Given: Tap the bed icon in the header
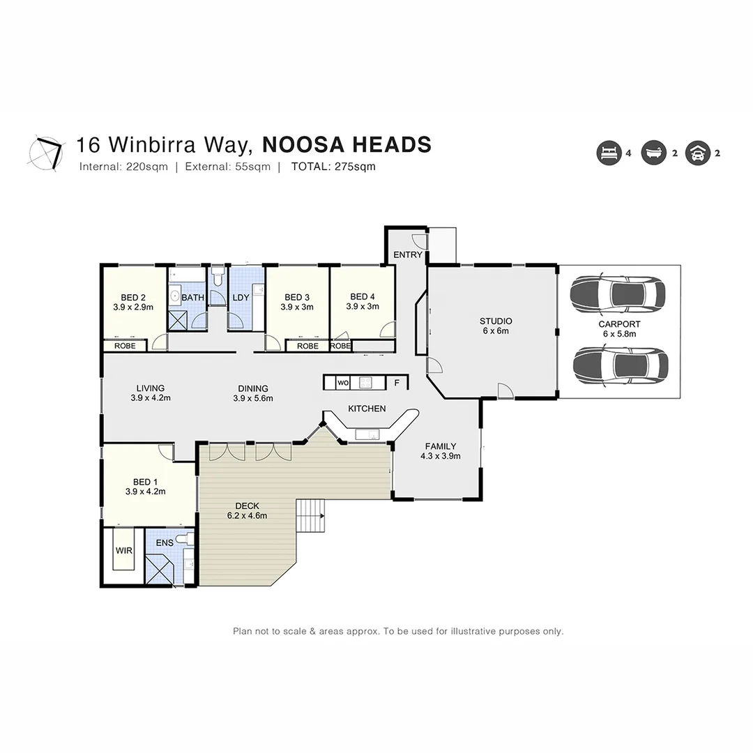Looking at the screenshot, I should [608, 153].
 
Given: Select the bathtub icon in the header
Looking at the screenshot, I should [653, 153].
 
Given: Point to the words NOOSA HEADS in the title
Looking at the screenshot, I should [347, 145].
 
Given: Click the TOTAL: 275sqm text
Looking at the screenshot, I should [333, 167].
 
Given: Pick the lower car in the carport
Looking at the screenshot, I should [620, 365].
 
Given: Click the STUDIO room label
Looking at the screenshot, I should [495, 321].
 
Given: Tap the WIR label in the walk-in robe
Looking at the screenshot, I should [124, 551].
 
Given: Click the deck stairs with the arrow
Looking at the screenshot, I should [310, 516].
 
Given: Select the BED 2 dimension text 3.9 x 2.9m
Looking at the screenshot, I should [133, 306].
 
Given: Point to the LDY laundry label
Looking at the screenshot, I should [241, 298].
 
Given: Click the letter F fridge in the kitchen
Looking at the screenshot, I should [397, 383].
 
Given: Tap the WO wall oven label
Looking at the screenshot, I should [342, 383].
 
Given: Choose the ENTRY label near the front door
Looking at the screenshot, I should [407, 255].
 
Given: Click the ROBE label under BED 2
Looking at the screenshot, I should [125, 346].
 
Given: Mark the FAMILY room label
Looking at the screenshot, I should [441, 447].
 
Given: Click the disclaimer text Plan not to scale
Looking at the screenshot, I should [397, 631].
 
